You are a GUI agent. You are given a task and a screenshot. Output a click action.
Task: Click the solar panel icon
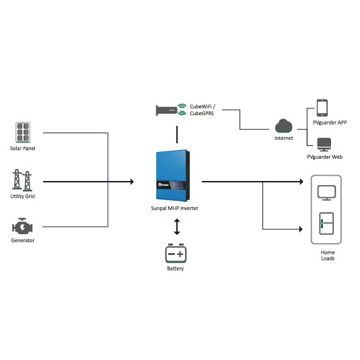[x=23, y=133]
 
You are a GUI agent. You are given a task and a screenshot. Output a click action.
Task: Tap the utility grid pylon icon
[x=22, y=180]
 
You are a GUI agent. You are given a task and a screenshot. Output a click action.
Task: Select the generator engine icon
[x=22, y=226]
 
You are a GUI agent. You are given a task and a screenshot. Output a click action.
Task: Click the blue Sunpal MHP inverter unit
[x=173, y=176]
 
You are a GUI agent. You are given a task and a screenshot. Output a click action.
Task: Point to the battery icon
[x=176, y=253]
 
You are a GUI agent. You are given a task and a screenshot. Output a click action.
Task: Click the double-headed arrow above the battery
[x=177, y=227]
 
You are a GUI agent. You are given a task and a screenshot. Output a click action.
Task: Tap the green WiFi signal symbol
[x=182, y=109]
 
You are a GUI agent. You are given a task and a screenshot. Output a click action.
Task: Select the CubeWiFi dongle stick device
[x=166, y=110]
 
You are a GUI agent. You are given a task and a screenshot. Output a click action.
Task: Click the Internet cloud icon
[x=284, y=126]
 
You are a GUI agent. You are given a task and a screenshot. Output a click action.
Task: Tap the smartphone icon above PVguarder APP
[x=322, y=108]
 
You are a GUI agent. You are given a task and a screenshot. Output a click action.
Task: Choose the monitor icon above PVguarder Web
[x=324, y=145]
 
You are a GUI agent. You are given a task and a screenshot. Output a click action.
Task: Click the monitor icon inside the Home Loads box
[x=326, y=192]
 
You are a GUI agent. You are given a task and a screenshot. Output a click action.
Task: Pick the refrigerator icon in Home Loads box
[x=326, y=223]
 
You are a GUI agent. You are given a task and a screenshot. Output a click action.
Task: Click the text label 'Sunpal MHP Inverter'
[x=175, y=208]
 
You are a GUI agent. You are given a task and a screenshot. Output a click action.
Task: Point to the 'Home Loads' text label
[x=328, y=255]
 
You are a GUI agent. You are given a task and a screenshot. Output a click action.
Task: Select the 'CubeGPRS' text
[x=202, y=113]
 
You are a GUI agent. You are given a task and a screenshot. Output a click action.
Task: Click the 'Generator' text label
[x=23, y=240]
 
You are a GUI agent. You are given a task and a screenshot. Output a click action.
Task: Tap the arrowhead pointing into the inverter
[x=132, y=182]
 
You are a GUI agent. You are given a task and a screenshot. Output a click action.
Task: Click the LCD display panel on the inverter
[x=176, y=184]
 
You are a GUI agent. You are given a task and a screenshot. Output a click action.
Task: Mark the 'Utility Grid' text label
[x=22, y=196]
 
